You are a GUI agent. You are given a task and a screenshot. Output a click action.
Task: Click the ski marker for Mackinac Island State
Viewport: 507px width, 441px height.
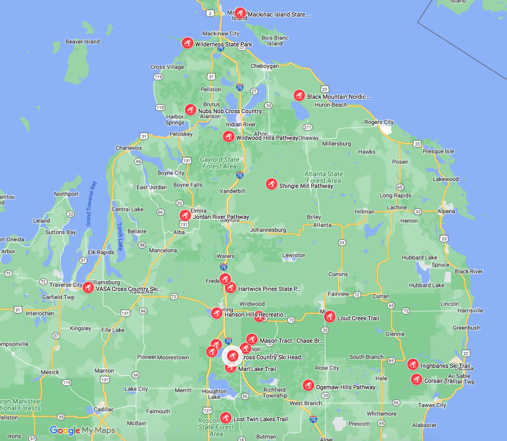pos(240,13)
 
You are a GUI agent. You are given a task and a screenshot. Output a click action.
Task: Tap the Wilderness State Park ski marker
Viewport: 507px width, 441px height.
pos(188,43)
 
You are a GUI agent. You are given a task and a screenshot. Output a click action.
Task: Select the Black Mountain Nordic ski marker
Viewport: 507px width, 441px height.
pos(300,95)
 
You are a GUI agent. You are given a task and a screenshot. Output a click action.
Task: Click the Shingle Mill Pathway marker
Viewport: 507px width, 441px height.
pos(272,184)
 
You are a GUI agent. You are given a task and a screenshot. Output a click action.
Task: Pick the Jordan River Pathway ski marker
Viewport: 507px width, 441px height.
pos(185,215)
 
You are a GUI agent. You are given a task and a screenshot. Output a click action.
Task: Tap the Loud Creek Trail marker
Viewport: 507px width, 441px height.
pos(330,317)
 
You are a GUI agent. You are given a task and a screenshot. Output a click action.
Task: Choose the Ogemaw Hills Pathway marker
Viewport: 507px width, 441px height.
pos(308,385)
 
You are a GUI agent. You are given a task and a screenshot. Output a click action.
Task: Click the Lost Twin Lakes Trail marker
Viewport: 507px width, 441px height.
pos(226,418)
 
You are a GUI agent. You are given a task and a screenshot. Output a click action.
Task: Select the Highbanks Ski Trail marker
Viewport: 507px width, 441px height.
pos(413,365)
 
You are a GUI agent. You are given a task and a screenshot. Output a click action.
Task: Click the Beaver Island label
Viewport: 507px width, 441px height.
pos(83,42)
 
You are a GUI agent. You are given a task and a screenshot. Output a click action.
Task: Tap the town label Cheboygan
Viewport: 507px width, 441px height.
pos(264,66)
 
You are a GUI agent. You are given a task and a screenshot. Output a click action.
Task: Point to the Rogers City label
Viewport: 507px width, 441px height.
pos(379,122)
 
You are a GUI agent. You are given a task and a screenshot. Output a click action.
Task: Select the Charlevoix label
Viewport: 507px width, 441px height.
pos(129,148)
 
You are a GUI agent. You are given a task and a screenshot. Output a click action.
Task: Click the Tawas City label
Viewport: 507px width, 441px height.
pos(433,405)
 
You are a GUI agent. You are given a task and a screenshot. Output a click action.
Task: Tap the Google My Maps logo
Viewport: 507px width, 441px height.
pos(82,430)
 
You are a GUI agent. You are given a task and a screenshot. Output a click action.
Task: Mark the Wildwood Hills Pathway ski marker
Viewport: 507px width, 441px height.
pos(229,137)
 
